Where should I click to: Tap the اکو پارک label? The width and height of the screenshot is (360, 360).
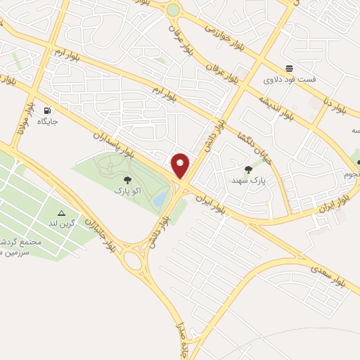127,191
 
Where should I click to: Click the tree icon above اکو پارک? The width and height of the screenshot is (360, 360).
127,181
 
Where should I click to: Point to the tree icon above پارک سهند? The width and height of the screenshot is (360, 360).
247,169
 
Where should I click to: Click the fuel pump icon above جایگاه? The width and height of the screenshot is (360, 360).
47,110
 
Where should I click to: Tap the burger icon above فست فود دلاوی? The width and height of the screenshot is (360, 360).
289,68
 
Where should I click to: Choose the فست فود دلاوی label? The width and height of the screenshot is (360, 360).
289,79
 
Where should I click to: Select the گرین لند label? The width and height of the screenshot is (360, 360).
61,223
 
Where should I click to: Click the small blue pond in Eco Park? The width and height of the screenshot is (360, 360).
160,200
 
